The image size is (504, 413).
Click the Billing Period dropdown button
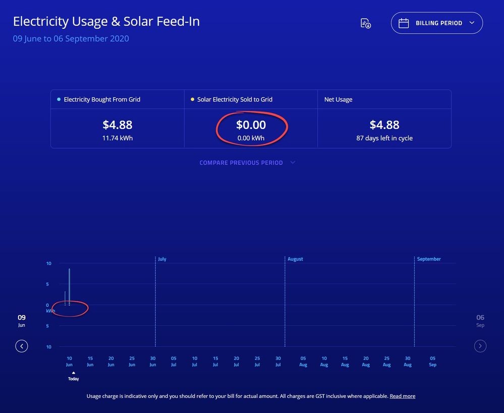[x=436, y=23]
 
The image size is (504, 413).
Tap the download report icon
[x=366, y=23]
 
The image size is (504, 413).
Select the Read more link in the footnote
[x=402, y=396]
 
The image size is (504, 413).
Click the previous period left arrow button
[x=22, y=346]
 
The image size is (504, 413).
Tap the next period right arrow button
[x=480, y=346]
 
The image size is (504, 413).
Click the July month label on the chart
[x=162, y=259]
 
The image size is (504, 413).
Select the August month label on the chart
[x=295, y=259]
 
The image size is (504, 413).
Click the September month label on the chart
[x=428, y=259]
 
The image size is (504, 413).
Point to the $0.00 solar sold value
[x=251, y=125]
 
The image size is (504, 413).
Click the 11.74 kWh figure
[x=117, y=138]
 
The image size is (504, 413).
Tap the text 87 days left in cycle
[x=384, y=138]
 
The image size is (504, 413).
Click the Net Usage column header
[x=338, y=100]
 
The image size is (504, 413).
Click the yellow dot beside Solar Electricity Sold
[x=192, y=100]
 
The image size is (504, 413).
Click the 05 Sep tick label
[x=432, y=362]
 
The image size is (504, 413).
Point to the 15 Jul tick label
[x=215, y=362]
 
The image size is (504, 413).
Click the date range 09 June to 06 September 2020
[x=71, y=39]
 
